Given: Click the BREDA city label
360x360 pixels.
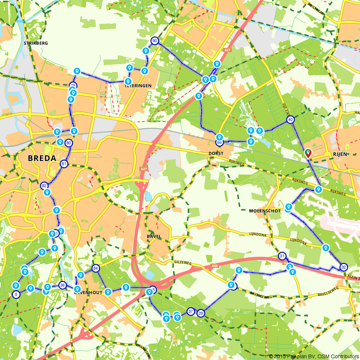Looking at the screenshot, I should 42,158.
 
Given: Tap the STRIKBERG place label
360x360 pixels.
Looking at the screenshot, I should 36,43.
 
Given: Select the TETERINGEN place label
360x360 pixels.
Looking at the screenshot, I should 138,86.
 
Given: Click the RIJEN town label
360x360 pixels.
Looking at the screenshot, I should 340,154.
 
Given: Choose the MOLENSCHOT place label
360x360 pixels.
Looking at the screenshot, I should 265,211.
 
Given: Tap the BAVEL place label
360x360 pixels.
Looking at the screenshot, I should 154,236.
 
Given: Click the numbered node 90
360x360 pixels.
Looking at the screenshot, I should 155,41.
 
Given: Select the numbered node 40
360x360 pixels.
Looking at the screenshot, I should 291,120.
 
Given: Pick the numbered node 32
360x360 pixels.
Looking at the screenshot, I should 343,267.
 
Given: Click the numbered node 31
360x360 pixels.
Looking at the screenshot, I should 282,256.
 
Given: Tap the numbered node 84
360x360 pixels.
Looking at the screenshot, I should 95,268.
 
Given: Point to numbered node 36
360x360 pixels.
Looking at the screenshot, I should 63,285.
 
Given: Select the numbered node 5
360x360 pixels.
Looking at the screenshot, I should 16,294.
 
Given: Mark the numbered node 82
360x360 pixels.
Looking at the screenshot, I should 44,186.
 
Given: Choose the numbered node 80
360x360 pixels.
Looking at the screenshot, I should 69,143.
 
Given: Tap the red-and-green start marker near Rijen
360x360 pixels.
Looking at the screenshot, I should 308,153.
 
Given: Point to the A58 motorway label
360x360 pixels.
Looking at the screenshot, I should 215,266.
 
